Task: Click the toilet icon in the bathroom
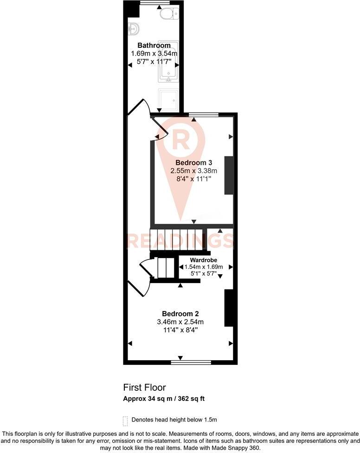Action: (167, 13)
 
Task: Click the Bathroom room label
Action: (154, 45)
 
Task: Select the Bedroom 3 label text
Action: (193, 162)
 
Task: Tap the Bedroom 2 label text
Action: (180, 314)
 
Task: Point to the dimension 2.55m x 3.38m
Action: (194, 171)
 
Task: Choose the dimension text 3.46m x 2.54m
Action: (180, 322)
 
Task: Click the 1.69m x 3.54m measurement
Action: (154, 53)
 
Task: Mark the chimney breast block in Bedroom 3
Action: (229, 175)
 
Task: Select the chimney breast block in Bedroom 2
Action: (228, 308)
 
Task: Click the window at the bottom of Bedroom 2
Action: (192, 361)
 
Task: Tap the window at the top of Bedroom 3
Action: (203, 114)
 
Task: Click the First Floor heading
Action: (144, 387)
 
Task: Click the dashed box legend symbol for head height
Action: (125, 420)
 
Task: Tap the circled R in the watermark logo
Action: (180, 138)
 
